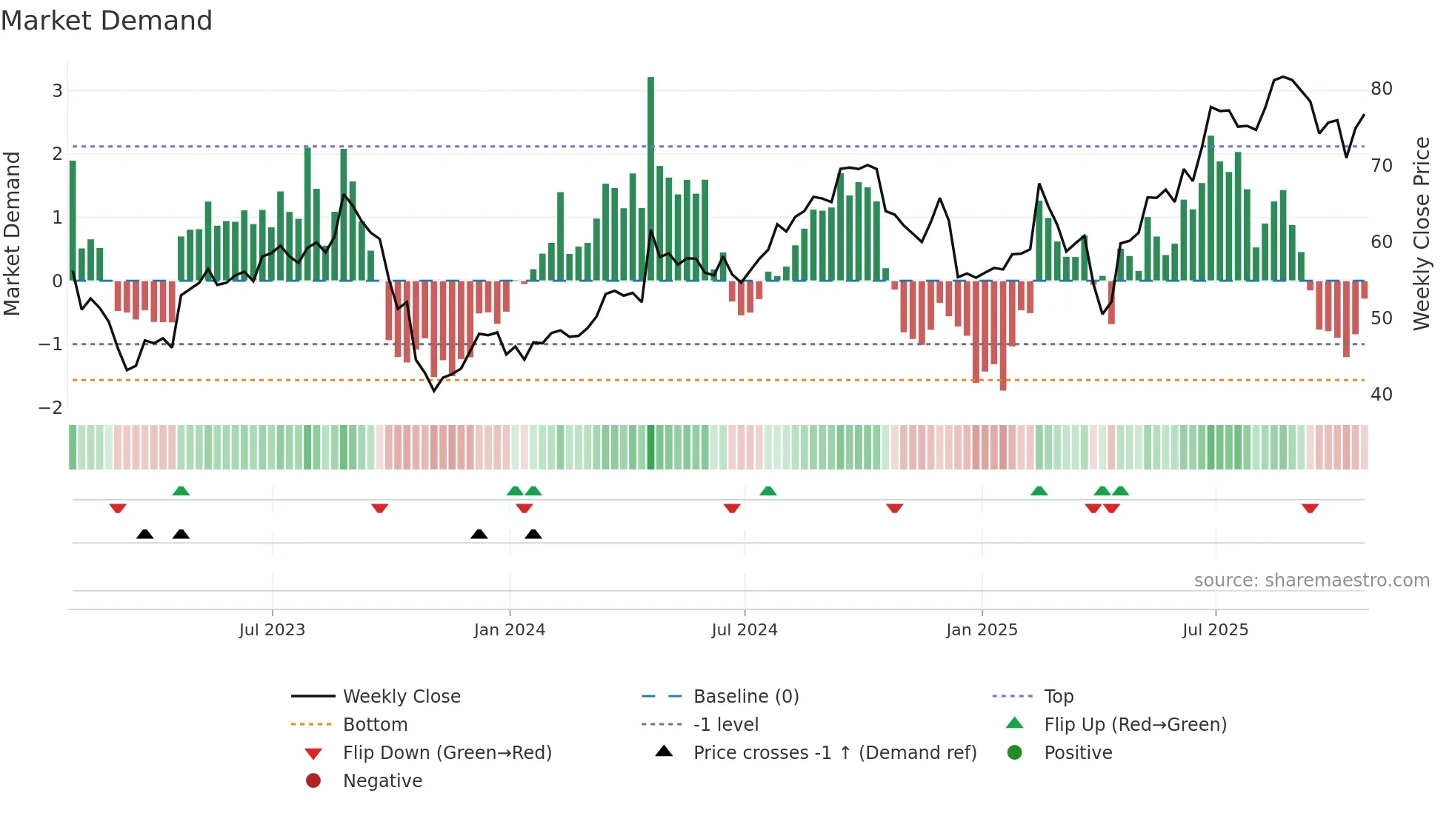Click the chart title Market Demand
point(107,21)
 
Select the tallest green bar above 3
point(650,178)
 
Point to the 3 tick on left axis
point(57,91)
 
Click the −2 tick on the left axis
point(50,408)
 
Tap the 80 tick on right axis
point(1382,89)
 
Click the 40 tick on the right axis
point(1382,395)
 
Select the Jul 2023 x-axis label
point(272,630)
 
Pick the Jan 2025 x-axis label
point(982,630)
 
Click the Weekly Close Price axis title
point(1421,233)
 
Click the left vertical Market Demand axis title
point(12,233)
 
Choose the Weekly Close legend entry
point(402,697)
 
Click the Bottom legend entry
point(375,725)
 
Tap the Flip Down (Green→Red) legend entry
point(447,753)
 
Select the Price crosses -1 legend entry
point(834,753)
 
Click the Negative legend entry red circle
point(313,781)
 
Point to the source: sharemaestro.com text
point(1311,581)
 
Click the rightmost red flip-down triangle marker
point(1310,508)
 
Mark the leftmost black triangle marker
point(145,534)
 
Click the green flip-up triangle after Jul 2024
point(768,491)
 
